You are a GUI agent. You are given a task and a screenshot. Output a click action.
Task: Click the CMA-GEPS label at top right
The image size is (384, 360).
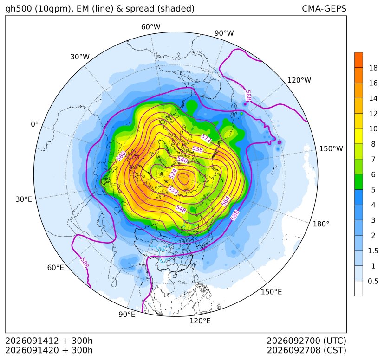click(324, 8)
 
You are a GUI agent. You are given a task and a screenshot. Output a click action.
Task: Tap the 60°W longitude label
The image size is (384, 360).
click(151, 27)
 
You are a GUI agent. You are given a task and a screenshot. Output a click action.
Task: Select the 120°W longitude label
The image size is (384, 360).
click(299, 80)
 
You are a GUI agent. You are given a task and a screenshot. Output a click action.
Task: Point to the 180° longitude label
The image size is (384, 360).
click(321, 224)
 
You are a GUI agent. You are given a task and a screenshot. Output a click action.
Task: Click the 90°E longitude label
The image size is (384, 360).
click(127, 315)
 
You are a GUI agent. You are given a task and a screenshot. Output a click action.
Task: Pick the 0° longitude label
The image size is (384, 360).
click(34, 124)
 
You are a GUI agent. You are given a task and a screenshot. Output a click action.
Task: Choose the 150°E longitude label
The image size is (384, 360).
click(271, 292)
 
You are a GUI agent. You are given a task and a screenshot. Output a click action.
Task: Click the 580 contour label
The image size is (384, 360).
click(121, 156)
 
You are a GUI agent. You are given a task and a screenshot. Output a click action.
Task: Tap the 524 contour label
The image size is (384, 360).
click(173, 174)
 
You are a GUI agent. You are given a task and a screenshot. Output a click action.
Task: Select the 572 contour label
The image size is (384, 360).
click(206, 138)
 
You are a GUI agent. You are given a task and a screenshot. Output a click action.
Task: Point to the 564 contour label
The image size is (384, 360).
click(226, 201)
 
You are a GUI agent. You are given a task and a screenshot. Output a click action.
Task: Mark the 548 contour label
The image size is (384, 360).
click(181, 208)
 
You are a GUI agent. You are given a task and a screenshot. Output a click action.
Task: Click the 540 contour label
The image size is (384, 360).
click(182, 160)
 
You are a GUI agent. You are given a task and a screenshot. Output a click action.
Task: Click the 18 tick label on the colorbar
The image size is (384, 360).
click(373, 68)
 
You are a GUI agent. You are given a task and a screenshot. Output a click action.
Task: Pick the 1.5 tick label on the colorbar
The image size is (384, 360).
click(373, 251)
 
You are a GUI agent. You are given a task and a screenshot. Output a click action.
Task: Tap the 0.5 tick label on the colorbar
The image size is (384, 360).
click(373, 281)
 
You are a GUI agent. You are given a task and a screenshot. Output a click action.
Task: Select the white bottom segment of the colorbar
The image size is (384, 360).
click(358, 289)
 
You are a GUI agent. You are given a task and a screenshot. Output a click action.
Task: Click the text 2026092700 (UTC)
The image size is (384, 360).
click(306, 341)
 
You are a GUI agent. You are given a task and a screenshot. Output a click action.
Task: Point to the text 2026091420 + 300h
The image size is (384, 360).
click(49, 350)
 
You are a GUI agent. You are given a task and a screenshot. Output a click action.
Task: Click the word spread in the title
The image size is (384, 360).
click(139, 9)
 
